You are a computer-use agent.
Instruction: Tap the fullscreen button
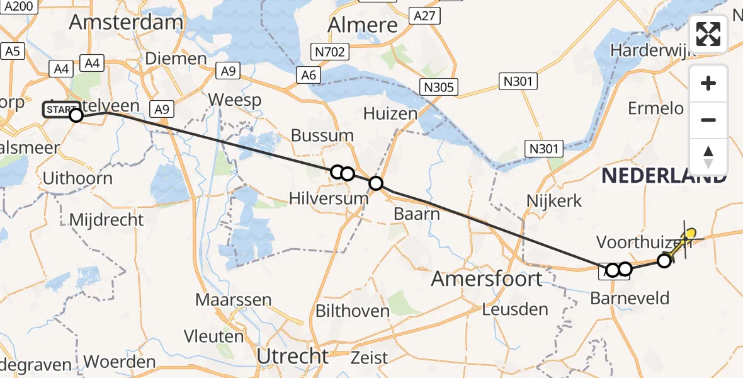pyautogui.click(x=708, y=34)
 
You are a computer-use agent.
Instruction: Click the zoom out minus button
pyautogui.click(x=708, y=120)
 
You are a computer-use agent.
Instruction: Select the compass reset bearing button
pyautogui.click(x=708, y=157)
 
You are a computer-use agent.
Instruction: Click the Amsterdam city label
pyautogui.click(x=126, y=22)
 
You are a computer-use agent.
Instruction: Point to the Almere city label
pyautogui.click(x=363, y=25)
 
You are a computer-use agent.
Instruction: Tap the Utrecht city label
pyautogui.click(x=293, y=357)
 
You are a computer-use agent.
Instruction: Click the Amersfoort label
pyautogui.click(x=487, y=278)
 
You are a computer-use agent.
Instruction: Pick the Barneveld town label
pyautogui.click(x=630, y=298)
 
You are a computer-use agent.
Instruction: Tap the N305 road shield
pyautogui.click(x=439, y=87)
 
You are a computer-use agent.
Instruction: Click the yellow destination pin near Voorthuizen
pyautogui.click(x=689, y=234)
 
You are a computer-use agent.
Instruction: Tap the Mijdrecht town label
pyautogui.click(x=106, y=220)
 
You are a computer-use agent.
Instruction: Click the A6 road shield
pyautogui.click(x=309, y=75)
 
